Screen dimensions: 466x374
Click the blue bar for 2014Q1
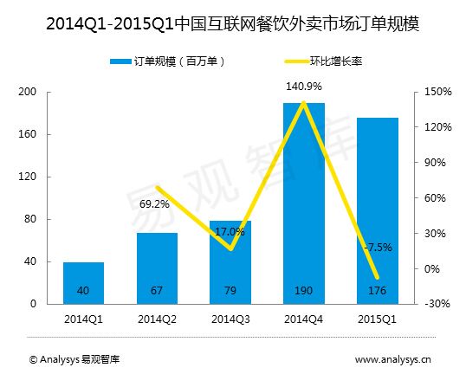83,283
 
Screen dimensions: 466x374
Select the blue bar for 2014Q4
304,203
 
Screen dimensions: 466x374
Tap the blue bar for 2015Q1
378,211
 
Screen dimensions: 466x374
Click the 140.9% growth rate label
304,87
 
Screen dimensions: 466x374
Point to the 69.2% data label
154,204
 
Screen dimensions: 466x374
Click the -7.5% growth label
378,247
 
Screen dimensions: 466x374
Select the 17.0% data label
230,232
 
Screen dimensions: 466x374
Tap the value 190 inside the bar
303,291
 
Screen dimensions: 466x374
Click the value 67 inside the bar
157,291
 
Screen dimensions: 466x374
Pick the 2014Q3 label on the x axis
230,319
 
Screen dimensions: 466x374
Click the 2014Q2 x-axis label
157,319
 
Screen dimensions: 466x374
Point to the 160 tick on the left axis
27,134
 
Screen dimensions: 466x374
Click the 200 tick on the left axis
27,92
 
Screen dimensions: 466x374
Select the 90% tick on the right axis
435,163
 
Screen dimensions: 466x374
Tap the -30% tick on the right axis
437,304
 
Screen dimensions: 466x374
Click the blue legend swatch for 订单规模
120,61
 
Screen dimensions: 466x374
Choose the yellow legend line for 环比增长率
297,61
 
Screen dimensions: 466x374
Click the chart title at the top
233,24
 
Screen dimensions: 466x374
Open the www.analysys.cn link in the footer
393,360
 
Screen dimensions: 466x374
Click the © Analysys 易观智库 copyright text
74,359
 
